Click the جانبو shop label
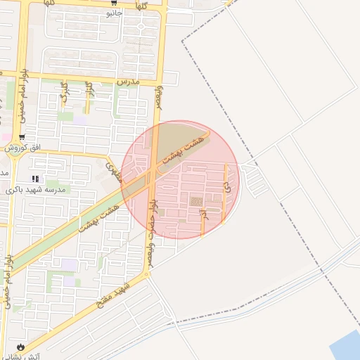pyautogui.click(x=114, y=13)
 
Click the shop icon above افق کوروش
pyautogui.click(x=22, y=137)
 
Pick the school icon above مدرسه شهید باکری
pyautogui.click(x=36, y=179)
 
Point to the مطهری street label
pyautogui.click(x=113, y=171)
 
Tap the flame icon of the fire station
pyautogui.click(x=20, y=347)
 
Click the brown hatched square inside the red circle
pyautogui.click(x=196, y=202)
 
